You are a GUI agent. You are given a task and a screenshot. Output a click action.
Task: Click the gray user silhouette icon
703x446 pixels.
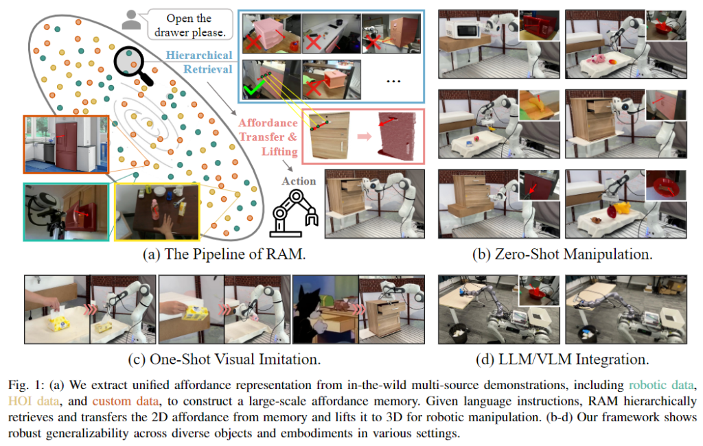tap(130, 21)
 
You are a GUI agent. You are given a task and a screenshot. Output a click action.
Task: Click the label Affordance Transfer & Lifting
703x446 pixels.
tap(268, 137)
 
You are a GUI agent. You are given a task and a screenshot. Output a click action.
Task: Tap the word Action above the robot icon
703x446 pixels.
tap(298, 180)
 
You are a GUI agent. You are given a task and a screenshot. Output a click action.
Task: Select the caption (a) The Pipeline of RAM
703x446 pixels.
tap(224, 254)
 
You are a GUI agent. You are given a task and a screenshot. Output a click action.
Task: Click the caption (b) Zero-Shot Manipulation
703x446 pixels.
tap(562, 254)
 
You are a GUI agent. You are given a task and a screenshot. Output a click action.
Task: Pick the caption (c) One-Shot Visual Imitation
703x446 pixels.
tap(224, 358)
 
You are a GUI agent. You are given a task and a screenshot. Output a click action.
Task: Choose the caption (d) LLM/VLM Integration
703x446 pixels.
tap(562, 358)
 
